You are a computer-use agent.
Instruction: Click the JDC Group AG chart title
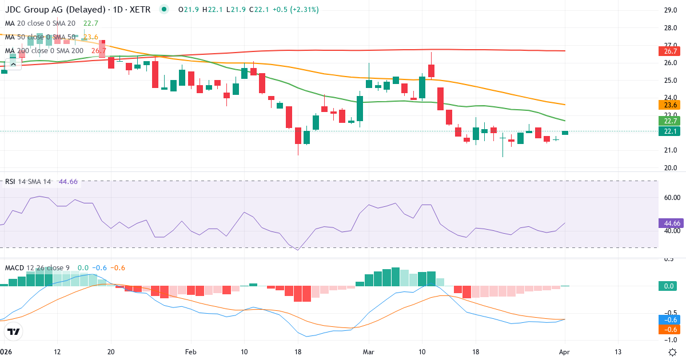[x=80, y=10]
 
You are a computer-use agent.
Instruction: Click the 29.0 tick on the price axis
[x=671, y=10]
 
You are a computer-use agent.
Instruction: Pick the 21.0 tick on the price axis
[x=671, y=150]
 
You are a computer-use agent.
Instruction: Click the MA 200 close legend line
[x=45, y=51]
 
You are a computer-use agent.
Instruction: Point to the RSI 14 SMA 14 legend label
[x=28, y=182]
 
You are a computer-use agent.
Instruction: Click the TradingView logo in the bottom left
[x=14, y=331]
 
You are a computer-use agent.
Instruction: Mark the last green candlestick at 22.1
[x=565, y=133]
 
